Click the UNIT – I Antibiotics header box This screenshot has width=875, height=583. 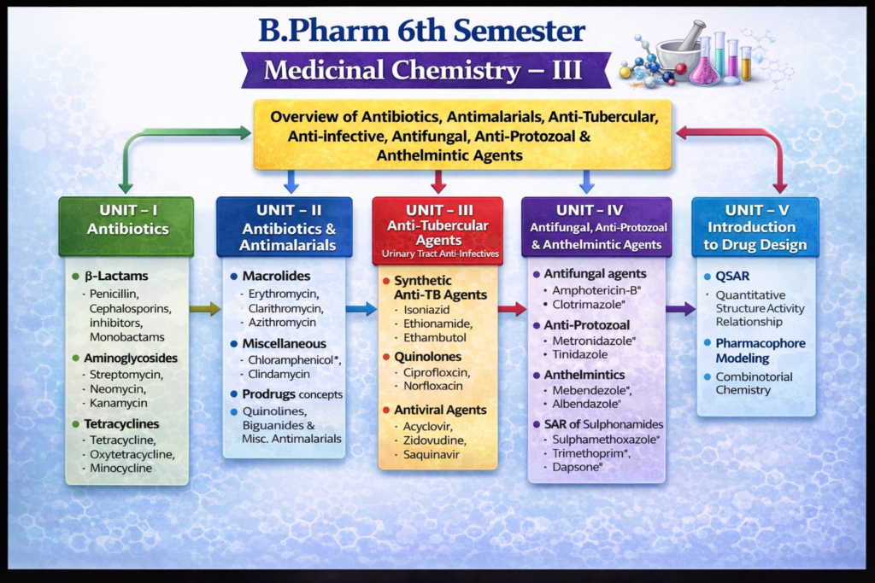click(126, 226)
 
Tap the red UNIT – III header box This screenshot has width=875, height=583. click(437, 230)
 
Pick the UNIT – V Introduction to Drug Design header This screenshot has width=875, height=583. click(755, 226)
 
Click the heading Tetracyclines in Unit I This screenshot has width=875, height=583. click(121, 423)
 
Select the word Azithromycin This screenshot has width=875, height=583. click(282, 322)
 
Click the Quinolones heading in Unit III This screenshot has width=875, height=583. click(427, 357)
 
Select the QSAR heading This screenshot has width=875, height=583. click(731, 277)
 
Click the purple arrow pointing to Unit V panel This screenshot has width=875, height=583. click(680, 309)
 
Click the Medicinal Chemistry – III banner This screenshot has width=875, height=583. click(425, 70)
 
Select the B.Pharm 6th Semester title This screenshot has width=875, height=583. click(422, 31)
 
